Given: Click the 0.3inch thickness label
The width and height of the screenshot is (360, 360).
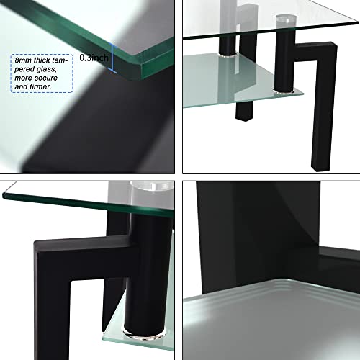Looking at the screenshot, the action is (94, 58).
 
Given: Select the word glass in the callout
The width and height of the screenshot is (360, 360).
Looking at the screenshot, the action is (46, 69).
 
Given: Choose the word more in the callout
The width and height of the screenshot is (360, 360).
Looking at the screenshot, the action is (24, 78).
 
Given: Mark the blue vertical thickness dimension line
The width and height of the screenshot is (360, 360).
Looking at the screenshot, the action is (112, 58).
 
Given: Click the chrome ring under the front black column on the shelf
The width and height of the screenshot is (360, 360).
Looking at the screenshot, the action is (284, 91).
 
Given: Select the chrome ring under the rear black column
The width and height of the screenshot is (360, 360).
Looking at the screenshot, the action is (228, 55).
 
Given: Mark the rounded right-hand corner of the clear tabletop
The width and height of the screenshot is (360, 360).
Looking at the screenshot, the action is (356, 22).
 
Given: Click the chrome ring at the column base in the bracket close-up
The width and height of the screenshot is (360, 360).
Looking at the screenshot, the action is (145, 335).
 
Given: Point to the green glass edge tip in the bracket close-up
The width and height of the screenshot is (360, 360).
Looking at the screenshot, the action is (4, 195).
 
